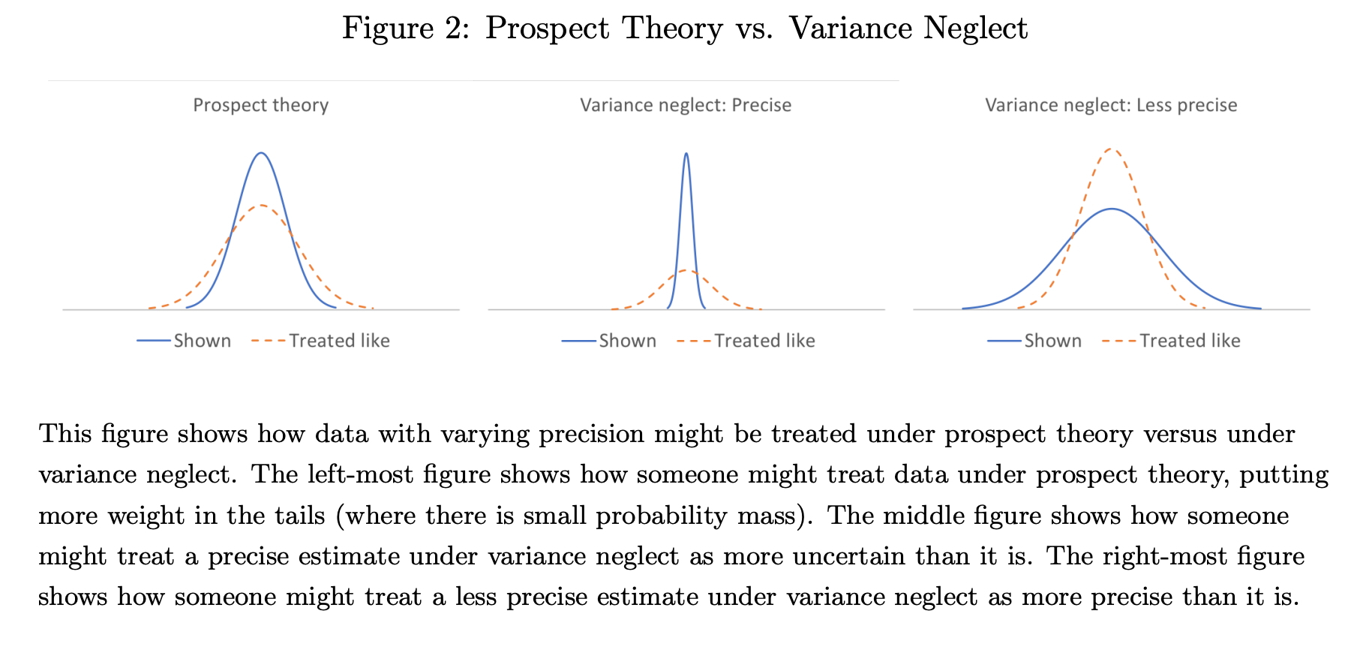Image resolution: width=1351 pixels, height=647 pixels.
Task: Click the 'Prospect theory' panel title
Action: tap(260, 105)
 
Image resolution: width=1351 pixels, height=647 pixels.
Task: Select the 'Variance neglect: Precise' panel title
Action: tap(686, 105)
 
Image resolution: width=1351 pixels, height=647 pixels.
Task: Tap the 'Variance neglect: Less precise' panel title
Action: tap(1111, 105)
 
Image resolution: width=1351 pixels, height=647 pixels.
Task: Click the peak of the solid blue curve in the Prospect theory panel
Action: tap(260, 153)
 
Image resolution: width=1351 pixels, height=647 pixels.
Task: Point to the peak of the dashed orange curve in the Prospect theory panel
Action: tap(260, 205)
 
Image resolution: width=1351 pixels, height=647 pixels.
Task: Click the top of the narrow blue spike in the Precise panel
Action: tap(686, 154)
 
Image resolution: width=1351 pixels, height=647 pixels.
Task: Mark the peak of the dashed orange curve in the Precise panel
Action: tap(686, 270)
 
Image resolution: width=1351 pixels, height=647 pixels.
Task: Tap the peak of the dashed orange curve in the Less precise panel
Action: tap(1111, 149)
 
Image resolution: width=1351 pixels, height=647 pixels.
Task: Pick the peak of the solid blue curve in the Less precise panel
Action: tap(1111, 209)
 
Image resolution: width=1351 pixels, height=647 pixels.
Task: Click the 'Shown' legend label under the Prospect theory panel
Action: tap(202, 341)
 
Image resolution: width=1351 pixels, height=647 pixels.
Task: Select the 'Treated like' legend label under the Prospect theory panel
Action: tap(339, 341)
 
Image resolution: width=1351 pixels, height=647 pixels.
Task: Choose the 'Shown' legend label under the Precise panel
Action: tap(627, 341)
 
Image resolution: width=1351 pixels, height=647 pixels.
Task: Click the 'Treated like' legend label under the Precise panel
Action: tap(764, 341)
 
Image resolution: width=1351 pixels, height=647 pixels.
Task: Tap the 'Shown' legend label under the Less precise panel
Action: tap(1052, 341)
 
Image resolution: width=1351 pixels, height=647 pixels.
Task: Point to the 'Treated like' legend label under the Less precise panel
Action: tap(1190, 341)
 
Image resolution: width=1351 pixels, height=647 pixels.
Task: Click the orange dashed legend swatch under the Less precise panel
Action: tap(1118, 341)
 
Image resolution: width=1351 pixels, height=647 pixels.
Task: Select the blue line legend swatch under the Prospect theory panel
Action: tap(154, 341)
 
